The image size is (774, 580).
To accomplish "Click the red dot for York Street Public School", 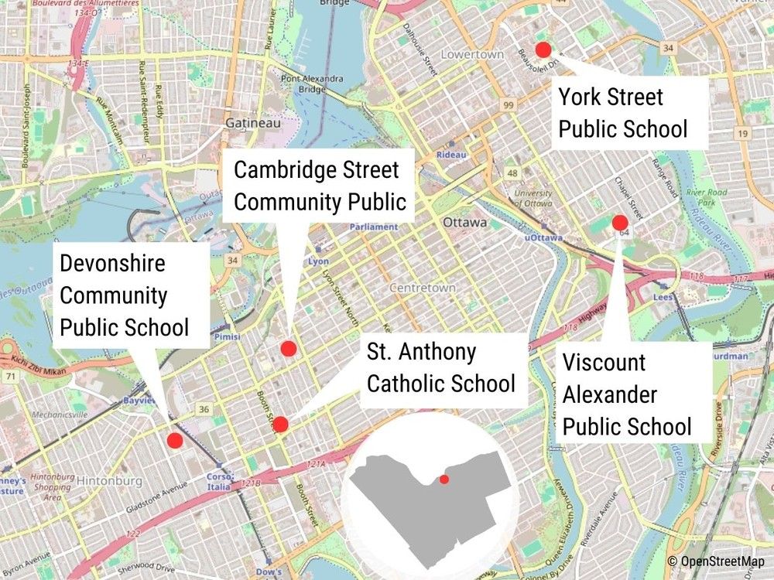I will click(x=543, y=49).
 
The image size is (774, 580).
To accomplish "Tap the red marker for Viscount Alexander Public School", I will click(x=619, y=223).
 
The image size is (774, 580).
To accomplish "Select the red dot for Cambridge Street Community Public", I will click(x=288, y=349).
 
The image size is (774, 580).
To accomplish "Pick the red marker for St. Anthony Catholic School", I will click(x=280, y=424).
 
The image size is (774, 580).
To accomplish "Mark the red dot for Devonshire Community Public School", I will click(x=175, y=441).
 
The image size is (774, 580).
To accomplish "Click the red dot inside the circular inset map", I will click(x=444, y=479).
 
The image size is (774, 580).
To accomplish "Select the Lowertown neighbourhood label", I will click(x=471, y=55).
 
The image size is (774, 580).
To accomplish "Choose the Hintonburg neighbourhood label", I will click(x=108, y=481).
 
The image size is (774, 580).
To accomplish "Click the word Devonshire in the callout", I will click(x=112, y=263).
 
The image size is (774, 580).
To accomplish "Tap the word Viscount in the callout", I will click(x=604, y=362).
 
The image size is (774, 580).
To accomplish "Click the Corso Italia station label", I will click(x=220, y=480).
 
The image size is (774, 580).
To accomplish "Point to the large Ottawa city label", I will click(x=465, y=222).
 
